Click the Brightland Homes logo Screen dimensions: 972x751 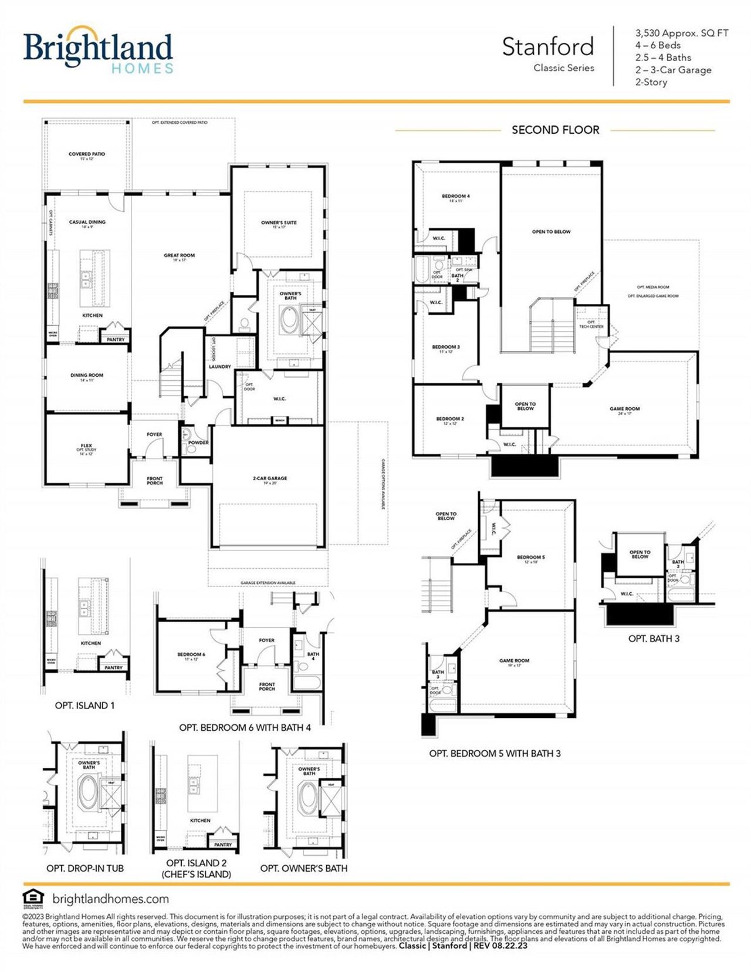pyautogui.click(x=98, y=50)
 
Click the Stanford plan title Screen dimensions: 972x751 pyautogui.click(x=547, y=47)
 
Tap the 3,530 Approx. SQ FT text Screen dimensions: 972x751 pyautogui.click(x=681, y=33)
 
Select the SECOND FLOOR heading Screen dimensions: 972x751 pyautogui.click(x=555, y=130)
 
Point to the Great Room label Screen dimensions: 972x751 pyautogui.click(x=179, y=256)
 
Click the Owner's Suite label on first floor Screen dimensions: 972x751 pyautogui.click(x=279, y=224)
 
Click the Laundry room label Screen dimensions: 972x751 pyautogui.click(x=220, y=366)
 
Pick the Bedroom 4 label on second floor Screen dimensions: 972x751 pyautogui.click(x=455, y=197)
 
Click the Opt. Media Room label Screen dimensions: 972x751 pyautogui.click(x=652, y=287)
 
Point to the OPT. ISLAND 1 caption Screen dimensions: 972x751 pyautogui.click(x=84, y=706)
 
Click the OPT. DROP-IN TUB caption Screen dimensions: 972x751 pyautogui.click(x=85, y=868)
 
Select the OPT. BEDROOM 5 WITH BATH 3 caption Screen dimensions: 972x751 pyautogui.click(x=495, y=753)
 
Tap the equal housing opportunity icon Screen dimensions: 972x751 pyautogui.click(x=33, y=898)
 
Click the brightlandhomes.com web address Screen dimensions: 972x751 pyautogui.click(x=110, y=899)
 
